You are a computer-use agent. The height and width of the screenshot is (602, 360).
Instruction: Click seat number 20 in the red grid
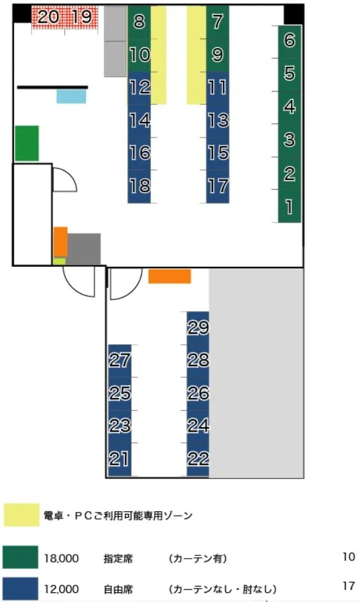point(49,17)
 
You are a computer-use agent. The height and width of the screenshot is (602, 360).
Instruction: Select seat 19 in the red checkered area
point(82,17)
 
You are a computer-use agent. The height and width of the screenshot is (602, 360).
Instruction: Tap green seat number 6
point(289,41)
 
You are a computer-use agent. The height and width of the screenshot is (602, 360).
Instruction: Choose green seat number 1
point(289,206)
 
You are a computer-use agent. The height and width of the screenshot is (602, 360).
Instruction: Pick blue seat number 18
point(139,186)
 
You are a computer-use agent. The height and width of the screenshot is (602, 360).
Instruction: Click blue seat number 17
point(218,186)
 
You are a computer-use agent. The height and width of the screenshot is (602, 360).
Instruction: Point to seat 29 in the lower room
point(198,328)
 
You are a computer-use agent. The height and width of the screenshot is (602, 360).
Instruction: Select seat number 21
point(120,459)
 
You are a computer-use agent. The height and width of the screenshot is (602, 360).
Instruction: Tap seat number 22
point(198,459)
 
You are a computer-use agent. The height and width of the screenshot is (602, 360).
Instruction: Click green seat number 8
point(139,22)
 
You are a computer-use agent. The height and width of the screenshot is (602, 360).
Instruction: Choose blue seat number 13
point(218,121)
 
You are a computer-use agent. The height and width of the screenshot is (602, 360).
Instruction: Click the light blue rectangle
point(71,97)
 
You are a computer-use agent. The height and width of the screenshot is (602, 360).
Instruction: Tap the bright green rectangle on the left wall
point(27,143)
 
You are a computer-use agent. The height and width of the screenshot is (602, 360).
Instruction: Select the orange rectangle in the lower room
point(170,277)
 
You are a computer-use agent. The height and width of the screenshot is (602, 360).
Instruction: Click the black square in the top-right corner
point(294,15)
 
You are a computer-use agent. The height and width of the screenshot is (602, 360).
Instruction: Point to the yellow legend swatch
point(21,515)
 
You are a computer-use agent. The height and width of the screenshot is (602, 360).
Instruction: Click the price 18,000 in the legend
point(62,558)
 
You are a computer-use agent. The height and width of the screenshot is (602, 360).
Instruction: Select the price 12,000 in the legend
point(62,589)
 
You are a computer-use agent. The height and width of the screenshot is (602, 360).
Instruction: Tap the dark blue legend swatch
point(21,588)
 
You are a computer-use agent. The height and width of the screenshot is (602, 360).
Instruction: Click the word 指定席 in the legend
point(118,558)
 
